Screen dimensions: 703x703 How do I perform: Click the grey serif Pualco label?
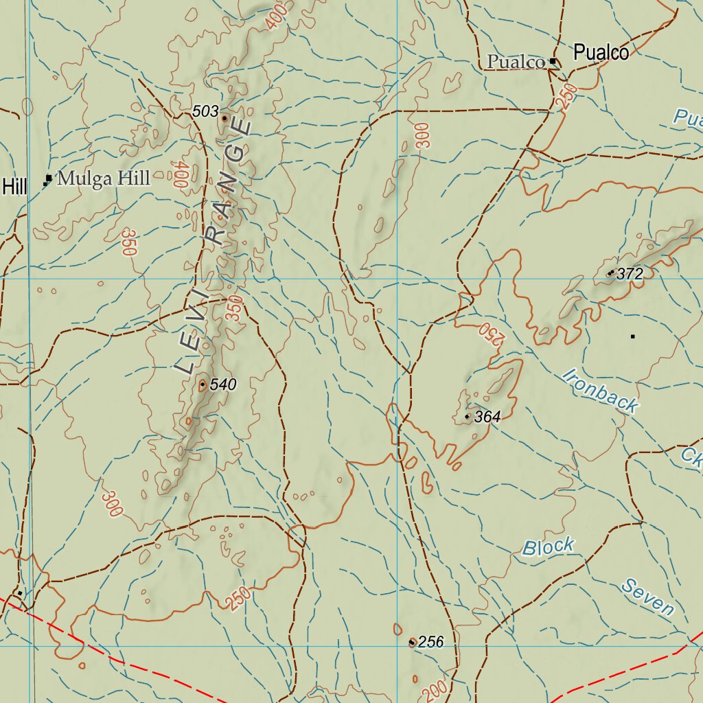[516, 62]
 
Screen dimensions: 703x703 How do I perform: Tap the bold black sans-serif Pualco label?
[601, 53]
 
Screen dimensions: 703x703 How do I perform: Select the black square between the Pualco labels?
[553, 62]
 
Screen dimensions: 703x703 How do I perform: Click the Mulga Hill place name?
[103, 179]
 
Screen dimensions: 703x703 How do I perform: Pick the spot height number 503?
[205, 111]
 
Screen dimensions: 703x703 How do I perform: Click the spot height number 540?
[223, 385]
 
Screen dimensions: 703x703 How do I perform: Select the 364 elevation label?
[487, 417]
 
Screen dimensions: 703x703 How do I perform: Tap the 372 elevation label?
[630, 275]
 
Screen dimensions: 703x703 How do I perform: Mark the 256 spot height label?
[431, 643]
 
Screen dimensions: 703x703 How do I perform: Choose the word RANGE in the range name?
[229, 182]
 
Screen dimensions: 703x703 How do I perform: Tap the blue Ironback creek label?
[600, 391]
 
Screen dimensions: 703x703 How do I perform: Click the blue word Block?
[548, 547]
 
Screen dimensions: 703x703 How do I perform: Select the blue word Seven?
[648, 597]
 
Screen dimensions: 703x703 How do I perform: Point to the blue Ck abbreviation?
[691, 458]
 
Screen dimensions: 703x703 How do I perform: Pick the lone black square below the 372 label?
[632, 336]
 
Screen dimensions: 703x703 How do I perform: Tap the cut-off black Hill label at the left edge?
[14, 186]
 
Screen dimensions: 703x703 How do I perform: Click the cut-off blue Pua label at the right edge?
[688, 117]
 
